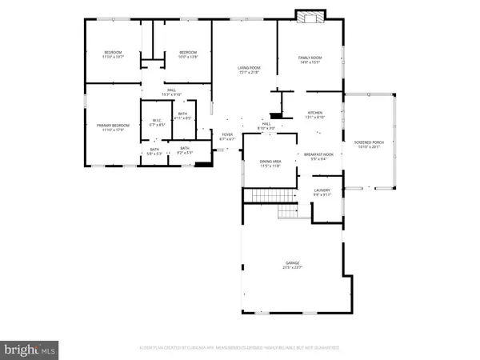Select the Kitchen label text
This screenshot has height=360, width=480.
[316, 114]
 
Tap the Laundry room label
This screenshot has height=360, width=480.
[322, 191]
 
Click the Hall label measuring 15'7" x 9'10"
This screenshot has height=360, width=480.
[171, 92]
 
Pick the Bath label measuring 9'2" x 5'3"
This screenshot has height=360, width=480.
[185, 150]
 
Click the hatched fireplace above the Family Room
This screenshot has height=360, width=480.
[307, 17]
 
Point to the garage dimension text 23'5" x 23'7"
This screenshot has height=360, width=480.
[293, 268]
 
